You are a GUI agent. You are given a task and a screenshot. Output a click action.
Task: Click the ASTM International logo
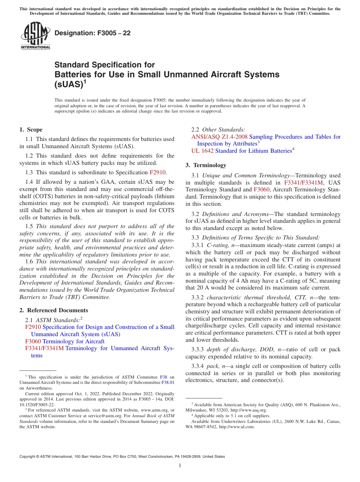pos(35,36)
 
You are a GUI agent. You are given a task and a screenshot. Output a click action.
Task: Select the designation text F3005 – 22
pos(92,33)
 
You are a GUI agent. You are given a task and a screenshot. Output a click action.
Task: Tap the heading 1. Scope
pos(31,130)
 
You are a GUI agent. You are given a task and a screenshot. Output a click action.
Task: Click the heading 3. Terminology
pos(206,165)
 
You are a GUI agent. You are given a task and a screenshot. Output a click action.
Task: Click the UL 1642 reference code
pos(202,151)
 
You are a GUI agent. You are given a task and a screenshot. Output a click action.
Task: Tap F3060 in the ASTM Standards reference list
pos(33,341)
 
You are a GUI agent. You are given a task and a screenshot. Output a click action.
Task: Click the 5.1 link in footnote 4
pos(233,416)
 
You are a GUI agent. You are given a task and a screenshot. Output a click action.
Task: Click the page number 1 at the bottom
pos(180,466)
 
